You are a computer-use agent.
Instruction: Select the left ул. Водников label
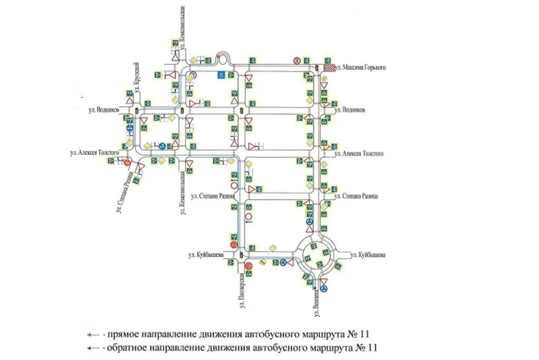[104, 109]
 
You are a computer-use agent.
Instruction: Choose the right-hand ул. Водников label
[351, 109]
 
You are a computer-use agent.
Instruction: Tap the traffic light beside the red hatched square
[317, 68]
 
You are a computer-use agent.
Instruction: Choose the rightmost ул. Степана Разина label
[357, 196]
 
